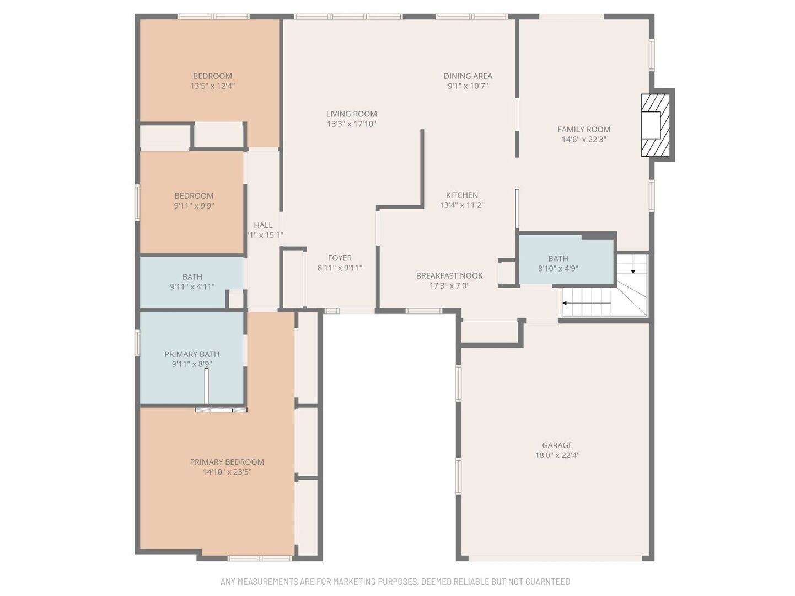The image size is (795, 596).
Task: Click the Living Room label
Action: tap(351, 114)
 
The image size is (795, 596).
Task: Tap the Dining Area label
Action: tap(468, 76)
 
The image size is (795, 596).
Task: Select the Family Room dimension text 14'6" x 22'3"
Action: tap(584, 140)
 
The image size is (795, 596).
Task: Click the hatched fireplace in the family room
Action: tap(655, 125)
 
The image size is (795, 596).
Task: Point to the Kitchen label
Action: tap(462, 195)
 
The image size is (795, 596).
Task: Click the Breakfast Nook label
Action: tap(449, 275)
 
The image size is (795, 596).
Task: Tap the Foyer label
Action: tap(340, 258)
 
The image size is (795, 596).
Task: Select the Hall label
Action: tap(263, 225)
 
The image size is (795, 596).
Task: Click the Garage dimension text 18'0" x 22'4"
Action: tap(557, 455)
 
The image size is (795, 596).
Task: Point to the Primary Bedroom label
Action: tap(227, 462)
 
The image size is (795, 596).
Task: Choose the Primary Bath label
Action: tap(192, 354)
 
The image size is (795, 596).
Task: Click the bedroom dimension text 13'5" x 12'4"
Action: tap(213, 86)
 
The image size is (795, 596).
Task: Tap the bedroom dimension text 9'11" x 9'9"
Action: tap(194, 206)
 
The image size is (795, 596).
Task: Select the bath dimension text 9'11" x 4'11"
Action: tap(192, 287)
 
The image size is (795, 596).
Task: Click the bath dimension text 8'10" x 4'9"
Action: tap(558, 269)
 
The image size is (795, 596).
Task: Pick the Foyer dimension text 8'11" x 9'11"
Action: tap(340, 268)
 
